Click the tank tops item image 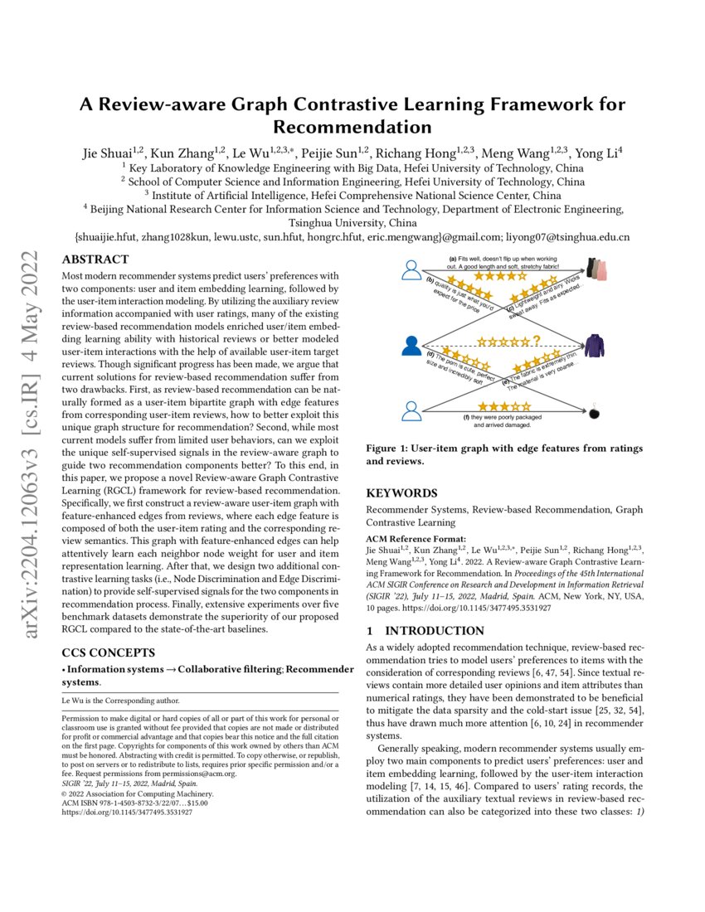(x=597, y=267)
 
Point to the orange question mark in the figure (x=537, y=340)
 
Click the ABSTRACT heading (x=95, y=259)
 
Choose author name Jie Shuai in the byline (x=110, y=154)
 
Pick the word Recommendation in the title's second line (x=352, y=128)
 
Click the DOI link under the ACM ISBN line (x=127, y=813)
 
